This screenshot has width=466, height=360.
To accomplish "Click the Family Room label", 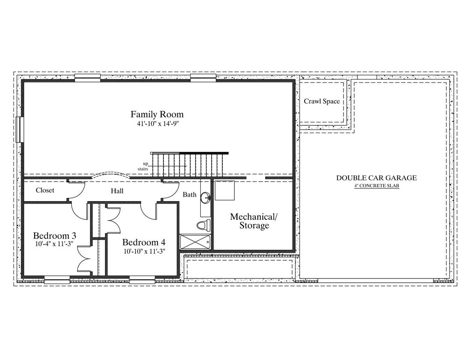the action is [157, 115].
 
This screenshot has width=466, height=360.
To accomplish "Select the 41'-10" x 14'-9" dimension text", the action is [157, 124].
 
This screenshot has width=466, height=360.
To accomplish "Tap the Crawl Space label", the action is [322, 101].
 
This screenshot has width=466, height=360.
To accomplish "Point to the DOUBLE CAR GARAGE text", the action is [377, 178].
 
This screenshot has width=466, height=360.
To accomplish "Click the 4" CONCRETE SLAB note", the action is [377, 186].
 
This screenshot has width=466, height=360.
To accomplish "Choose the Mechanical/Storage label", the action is [254, 221].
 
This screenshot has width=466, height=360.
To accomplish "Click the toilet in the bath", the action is [204, 225].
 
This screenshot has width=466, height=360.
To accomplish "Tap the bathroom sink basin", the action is [205, 197].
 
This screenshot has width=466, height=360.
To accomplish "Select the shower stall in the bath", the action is [196, 242].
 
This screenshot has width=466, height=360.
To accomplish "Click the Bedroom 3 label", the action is [55, 236].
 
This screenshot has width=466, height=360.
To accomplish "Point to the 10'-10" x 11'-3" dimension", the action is [144, 251].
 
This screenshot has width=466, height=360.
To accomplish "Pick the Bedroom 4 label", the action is [144, 242].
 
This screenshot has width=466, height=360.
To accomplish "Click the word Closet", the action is [45, 190].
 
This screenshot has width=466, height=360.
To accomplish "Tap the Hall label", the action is [117, 190].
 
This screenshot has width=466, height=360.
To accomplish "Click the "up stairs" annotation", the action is [144, 166].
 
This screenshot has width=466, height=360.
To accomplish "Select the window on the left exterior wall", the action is [20, 129].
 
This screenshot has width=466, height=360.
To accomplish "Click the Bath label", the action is [189, 195].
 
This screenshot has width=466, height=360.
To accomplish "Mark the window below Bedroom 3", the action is [57, 279].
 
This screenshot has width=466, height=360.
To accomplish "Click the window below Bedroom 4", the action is [142, 279].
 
